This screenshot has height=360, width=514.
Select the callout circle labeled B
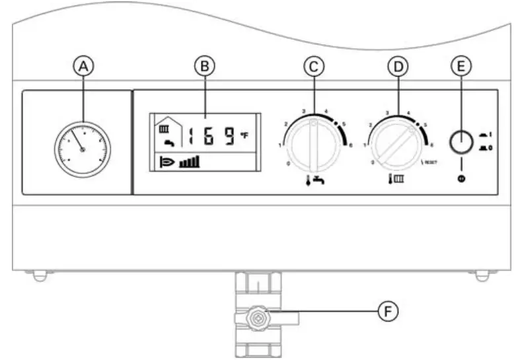click(205, 66)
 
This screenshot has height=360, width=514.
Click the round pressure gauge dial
click(83, 150)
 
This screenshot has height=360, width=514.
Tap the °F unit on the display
click(244, 135)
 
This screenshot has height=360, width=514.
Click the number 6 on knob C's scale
click(350, 145)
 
